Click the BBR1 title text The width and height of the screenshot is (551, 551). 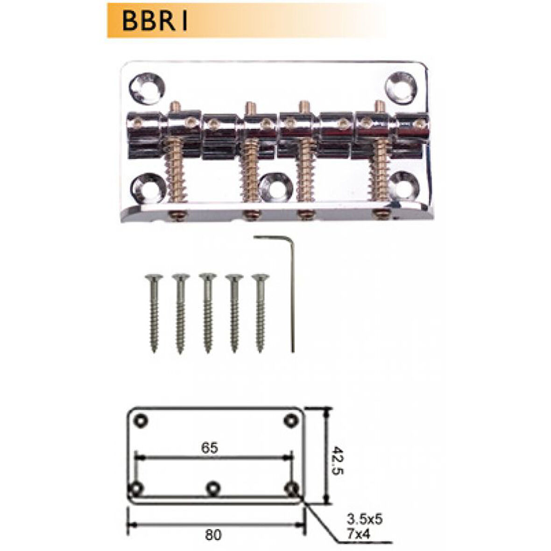154,21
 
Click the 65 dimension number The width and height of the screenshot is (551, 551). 210,448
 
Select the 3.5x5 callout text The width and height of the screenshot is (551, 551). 364,519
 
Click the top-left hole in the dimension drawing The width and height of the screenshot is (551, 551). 140,420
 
